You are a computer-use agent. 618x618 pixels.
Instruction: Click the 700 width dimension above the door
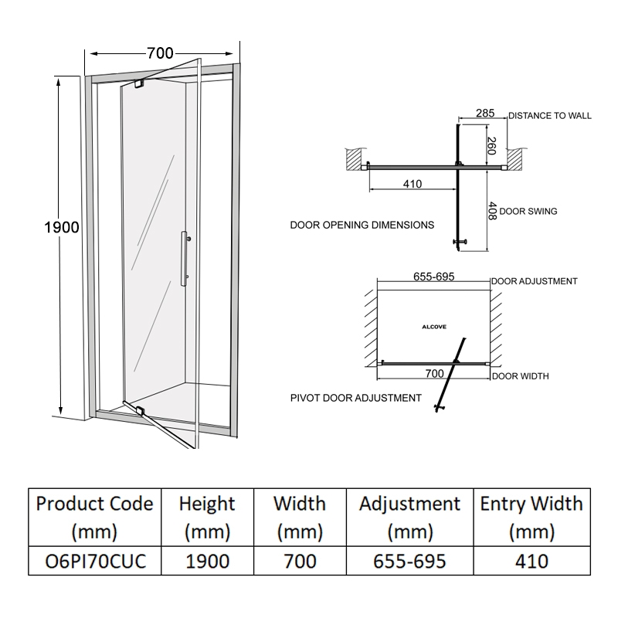click(x=160, y=53)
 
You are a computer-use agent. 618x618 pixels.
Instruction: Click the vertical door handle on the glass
click(x=184, y=256)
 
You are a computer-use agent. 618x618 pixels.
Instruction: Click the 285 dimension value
click(x=484, y=114)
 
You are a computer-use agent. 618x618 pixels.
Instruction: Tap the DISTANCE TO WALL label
click(x=550, y=116)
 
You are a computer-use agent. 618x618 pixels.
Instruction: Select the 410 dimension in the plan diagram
click(x=412, y=184)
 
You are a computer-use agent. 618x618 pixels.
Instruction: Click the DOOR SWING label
click(x=528, y=210)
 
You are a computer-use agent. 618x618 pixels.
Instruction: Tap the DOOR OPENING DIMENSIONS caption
click(x=362, y=226)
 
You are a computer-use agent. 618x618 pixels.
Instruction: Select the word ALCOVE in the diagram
click(x=434, y=327)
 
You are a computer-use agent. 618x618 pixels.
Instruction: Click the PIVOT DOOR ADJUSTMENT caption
click(x=355, y=398)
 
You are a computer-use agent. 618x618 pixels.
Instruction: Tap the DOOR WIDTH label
click(x=520, y=377)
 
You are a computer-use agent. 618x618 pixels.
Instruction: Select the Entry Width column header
click(x=531, y=518)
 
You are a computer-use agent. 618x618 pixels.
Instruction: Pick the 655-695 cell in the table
click(x=409, y=560)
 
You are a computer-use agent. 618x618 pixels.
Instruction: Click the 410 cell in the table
click(x=531, y=560)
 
